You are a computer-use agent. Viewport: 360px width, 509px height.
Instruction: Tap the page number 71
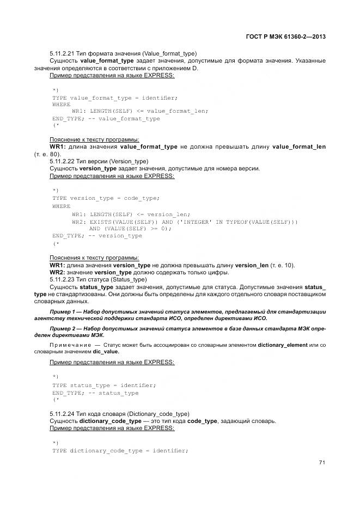tap(322, 463)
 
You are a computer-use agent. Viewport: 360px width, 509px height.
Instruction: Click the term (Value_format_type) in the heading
tap(169, 53)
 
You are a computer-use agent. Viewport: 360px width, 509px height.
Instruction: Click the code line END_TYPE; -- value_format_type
tap(106, 118)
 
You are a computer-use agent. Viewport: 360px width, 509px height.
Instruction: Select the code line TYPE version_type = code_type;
tap(106, 198)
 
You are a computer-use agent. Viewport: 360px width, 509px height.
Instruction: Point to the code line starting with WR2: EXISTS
tap(185, 222)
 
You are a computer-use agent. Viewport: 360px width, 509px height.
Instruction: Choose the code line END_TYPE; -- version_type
tap(97, 236)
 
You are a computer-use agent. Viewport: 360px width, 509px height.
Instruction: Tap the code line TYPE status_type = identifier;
tap(104, 385)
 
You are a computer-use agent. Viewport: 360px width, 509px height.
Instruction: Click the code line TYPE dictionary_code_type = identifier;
tap(120, 451)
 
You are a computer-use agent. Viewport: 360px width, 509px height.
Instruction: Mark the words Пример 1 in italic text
tap(63, 311)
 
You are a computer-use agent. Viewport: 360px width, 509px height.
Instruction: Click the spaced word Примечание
tap(70, 345)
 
